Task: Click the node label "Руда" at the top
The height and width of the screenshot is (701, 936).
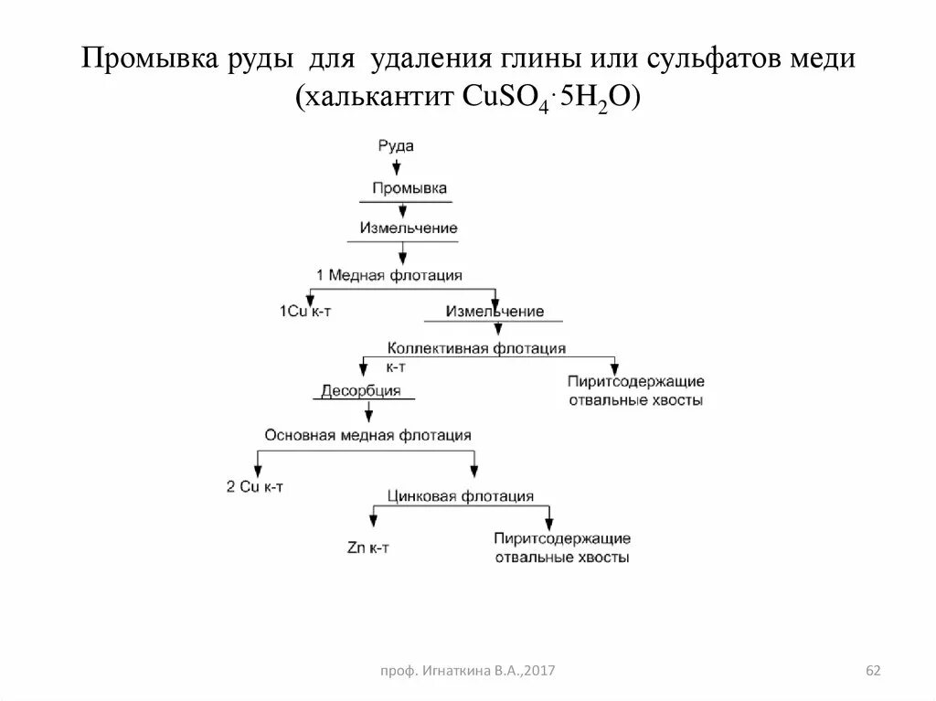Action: coord(396,145)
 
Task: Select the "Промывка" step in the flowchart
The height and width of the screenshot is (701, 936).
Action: coord(409,187)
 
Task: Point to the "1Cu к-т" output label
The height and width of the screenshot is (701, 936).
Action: coord(304,312)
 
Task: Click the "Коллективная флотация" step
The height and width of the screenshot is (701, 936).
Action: coord(476,348)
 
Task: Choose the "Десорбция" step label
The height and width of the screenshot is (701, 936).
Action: coord(361,391)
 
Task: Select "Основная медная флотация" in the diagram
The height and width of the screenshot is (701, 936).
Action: coord(368,435)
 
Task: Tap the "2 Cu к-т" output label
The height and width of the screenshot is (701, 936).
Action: coord(254,486)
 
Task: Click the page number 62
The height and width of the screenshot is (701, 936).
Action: coord(872,672)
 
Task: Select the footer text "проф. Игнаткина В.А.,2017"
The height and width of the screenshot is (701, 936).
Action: coord(468,672)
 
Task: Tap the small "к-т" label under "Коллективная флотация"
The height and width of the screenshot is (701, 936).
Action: coord(396,366)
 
